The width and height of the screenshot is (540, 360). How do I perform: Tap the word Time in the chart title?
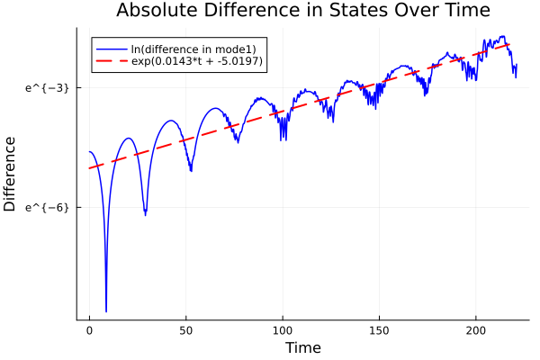[x=462, y=11]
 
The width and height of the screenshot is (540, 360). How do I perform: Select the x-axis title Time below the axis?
[x=302, y=347]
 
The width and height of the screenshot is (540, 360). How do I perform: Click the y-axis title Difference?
[x=11, y=174]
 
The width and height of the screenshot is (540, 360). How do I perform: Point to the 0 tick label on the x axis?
[x=89, y=330]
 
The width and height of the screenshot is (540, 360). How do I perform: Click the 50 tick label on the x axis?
[x=185, y=330]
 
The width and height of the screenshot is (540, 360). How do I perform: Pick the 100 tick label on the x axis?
[x=283, y=330]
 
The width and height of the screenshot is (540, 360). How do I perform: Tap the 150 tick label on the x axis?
[x=379, y=330]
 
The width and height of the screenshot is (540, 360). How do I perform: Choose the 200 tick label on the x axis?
[x=475, y=330]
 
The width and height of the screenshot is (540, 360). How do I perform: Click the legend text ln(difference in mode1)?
[x=193, y=48]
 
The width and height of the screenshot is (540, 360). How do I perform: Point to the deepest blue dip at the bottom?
[x=106, y=310]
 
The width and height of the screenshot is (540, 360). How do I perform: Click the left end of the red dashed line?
[x=90, y=168]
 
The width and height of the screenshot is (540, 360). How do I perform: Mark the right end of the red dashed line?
[x=510, y=44]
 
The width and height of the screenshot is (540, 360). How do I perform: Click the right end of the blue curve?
[x=517, y=66]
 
